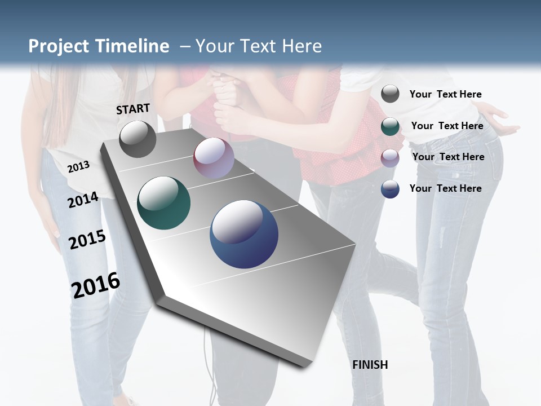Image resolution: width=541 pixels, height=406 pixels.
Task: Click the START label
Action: tap(133, 108)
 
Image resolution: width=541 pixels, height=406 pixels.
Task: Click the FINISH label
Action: tap(370, 364)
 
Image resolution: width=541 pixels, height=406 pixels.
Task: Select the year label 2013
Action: tap(79, 166)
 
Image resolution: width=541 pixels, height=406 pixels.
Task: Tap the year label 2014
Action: tap(83, 200)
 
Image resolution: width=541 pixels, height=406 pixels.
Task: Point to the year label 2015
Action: tap(87, 240)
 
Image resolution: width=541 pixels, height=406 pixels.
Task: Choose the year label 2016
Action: tap(96, 285)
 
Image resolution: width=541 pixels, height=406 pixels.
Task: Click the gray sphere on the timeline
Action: tap(138, 139)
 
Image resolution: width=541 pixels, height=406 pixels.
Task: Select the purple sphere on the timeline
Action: tap(214, 158)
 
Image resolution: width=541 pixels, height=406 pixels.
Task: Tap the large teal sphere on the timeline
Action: tap(164, 203)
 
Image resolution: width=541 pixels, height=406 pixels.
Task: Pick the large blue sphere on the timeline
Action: tap(244, 234)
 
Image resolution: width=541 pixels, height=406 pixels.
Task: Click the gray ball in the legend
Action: tap(390, 94)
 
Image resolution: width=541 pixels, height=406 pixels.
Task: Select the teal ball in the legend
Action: tap(390, 126)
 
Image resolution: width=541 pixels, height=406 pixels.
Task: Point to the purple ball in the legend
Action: tap(390, 158)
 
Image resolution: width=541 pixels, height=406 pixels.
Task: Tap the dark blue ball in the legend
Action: tap(390, 189)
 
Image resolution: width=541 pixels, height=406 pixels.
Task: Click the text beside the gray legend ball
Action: tap(445, 94)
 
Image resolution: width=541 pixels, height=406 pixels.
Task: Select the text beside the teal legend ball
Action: tap(447, 126)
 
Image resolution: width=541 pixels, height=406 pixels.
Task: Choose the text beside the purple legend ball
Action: tap(448, 157)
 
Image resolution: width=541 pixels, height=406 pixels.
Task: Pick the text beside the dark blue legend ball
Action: tap(445, 188)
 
